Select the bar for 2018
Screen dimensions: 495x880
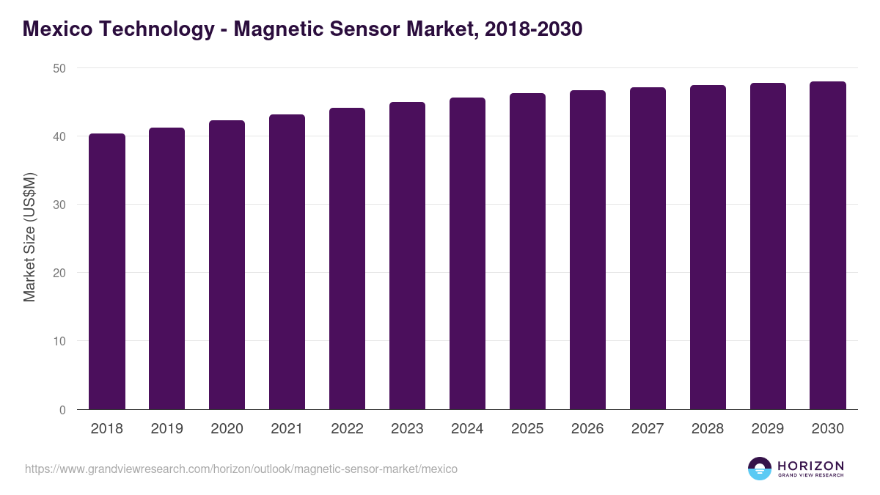[x=107, y=271]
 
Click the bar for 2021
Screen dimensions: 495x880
[x=287, y=262]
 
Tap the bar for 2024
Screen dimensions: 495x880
[x=467, y=253]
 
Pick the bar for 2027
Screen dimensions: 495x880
[x=648, y=249]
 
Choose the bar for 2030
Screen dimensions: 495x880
[x=828, y=246]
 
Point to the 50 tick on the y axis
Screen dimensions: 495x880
[x=59, y=68]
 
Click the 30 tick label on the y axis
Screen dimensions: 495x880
[x=59, y=205]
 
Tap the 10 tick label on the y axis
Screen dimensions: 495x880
[x=59, y=342]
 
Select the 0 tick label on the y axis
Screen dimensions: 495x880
[x=62, y=410]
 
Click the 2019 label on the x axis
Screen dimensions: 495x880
[x=167, y=429]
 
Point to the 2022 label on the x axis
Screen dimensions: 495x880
[x=347, y=429]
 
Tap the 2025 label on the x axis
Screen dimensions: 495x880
[x=527, y=429]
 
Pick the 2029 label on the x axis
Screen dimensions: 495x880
[x=768, y=429]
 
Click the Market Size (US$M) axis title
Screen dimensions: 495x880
[x=29, y=238]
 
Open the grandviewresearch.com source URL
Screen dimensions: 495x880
[x=241, y=469]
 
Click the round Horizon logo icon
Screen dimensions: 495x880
[x=760, y=469]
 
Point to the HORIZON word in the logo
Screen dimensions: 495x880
[x=810, y=466]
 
